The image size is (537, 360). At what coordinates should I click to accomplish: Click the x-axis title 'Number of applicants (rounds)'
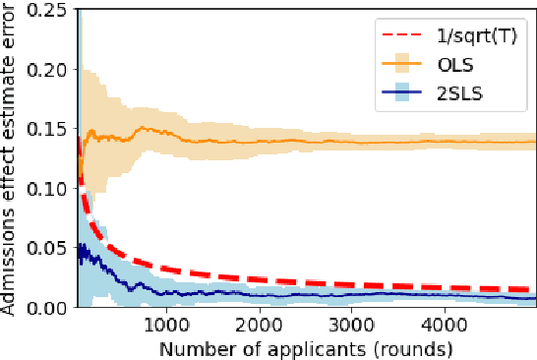click(x=305, y=346)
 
